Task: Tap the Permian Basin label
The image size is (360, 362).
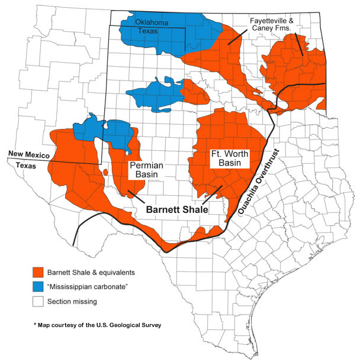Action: pyautogui.click(x=147, y=170)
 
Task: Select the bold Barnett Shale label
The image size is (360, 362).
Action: pyautogui.click(x=176, y=208)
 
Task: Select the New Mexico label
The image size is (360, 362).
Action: pyautogui.click(x=27, y=155)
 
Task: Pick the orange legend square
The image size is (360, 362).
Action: pyautogui.click(x=38, y=273)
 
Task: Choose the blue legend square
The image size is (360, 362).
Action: pyautogui.click(x=38, y=287)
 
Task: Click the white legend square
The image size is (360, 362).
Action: pyautogui.click(x=38, y=302)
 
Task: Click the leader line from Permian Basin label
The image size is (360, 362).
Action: pyautogui.click(x=135, y=195)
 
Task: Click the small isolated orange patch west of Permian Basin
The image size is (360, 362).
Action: pyautogui.click(x=105, y=172)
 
